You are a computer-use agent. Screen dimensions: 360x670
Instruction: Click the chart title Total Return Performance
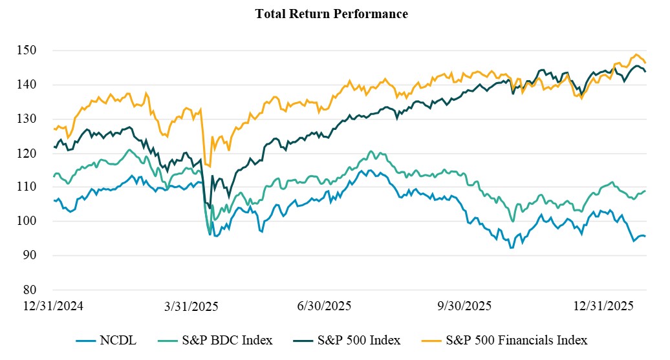coord(332,14)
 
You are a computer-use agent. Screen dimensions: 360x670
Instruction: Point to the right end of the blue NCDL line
coord(645,237)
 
